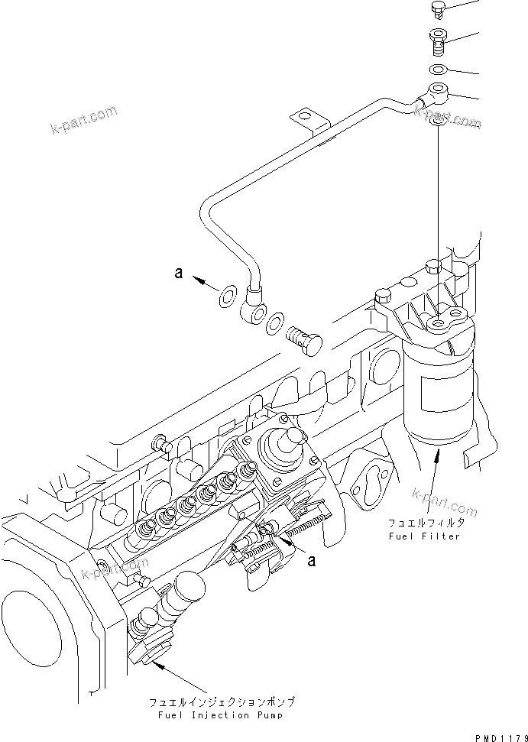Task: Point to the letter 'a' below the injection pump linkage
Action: point(311,561)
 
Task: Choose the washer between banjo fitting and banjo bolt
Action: point(275,325)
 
